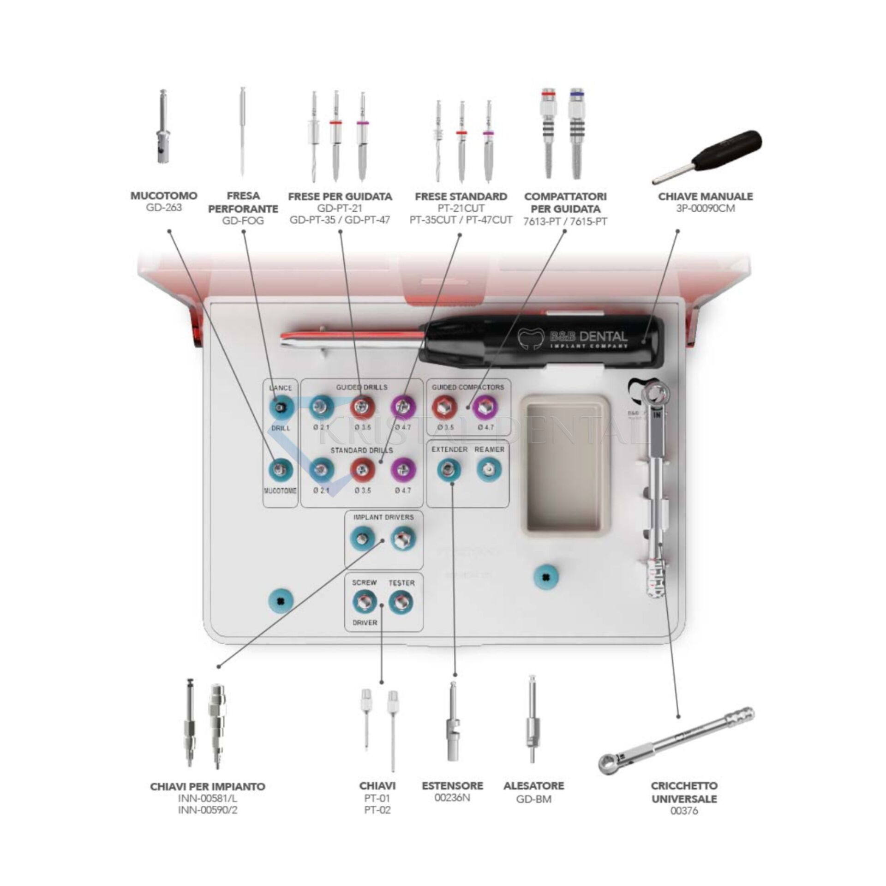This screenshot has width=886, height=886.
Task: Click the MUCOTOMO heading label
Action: tap(163, 196)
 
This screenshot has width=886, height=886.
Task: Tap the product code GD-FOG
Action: tap(243, 221)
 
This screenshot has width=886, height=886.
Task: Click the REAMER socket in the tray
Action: tap(488, 470)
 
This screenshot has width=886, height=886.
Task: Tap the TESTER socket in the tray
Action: tap(401, 603)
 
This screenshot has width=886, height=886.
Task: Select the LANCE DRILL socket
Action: tap(281, 407)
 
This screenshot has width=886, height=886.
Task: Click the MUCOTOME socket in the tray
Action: tap(281, 470)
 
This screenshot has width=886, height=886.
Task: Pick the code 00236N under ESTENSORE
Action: tap(452, 797)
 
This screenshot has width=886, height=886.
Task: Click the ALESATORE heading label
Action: tap(534, 785)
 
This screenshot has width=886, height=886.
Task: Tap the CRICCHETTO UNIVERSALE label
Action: tap(684, 792)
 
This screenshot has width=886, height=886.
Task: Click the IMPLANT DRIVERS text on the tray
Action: tap(383, 517)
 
